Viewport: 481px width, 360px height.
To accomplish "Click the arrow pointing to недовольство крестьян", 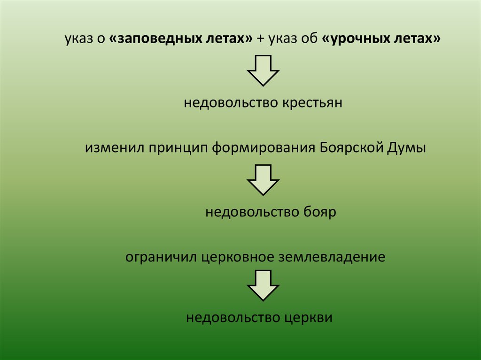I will (263, 70).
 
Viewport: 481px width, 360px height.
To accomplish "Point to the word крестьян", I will (312, 103).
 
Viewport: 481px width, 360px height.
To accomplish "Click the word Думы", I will (407, 149).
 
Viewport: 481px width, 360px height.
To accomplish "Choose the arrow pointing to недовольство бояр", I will (263, 180).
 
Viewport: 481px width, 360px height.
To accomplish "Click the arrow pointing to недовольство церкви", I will (263, 285).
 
